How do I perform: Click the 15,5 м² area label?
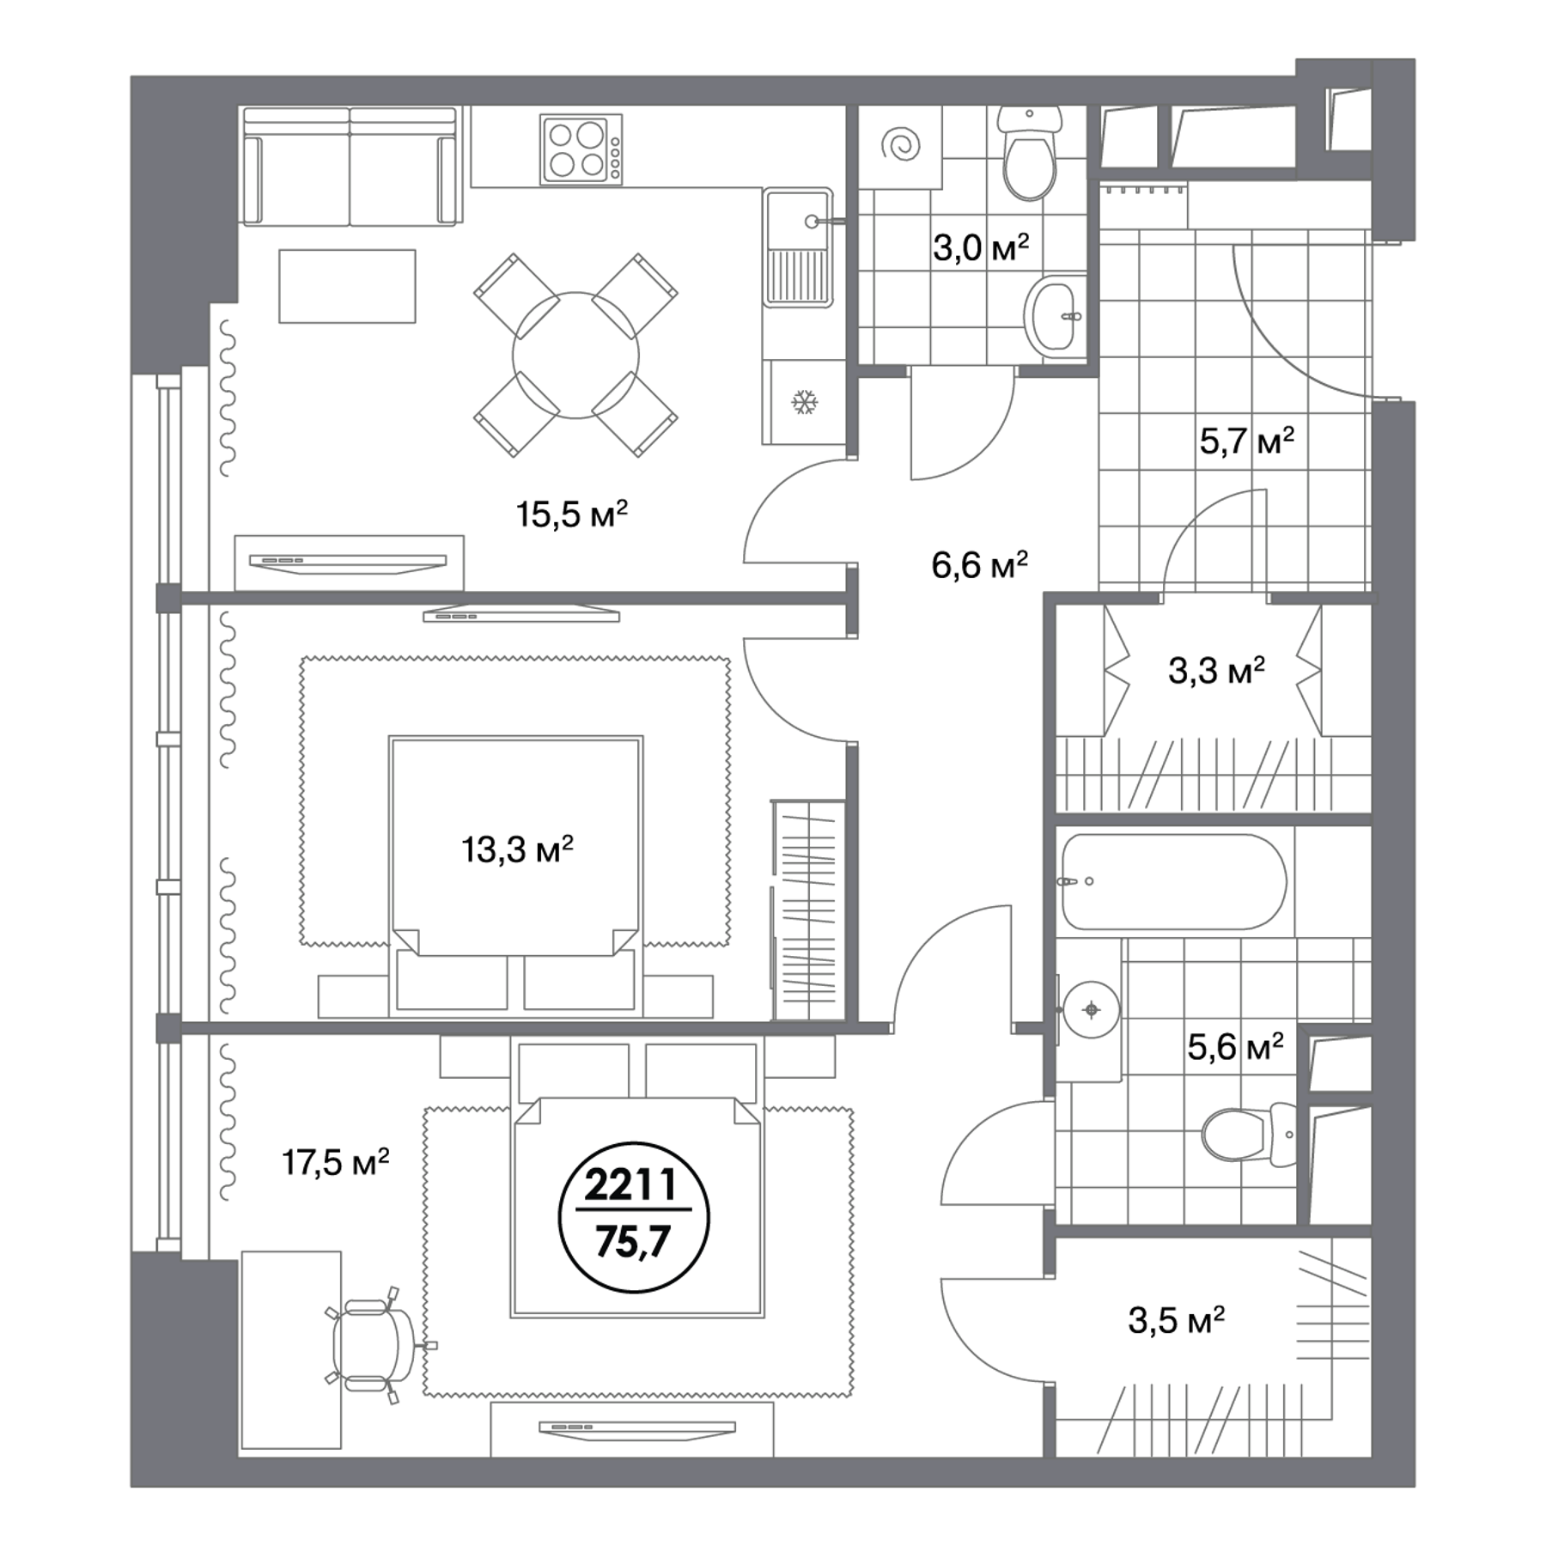tap(571, 514)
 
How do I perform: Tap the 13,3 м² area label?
tap(517, 850)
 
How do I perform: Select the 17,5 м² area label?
tap(336, 1163)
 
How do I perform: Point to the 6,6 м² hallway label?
tap(980, 565)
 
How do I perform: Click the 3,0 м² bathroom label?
tap(981, 248)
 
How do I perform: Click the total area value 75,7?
tap(633, 1242)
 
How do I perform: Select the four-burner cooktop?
tap(581, 149)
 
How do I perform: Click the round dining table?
tap(575, 355)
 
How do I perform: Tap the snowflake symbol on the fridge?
tap(805, 401)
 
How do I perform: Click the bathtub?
tap(1174, 881)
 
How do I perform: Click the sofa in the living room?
tap(350, 167)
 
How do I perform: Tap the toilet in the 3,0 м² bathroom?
tap(1030, 154)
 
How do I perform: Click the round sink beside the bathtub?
tap(1091, 1009)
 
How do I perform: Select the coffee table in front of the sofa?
tap(347, 286)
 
